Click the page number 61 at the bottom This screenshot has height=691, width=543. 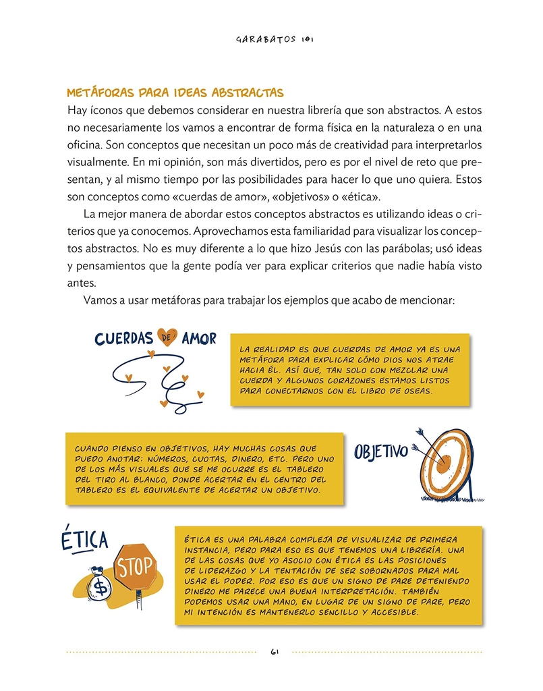(275, 652)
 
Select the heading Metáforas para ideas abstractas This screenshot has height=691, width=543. (175, 92)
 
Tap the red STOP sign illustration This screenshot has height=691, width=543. (136, 567)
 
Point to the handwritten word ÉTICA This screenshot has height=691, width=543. (84, 539)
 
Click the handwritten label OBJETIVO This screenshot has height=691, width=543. (381, 451)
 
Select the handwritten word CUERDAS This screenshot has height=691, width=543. (124, 338)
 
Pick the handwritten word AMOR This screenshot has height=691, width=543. (199, 338)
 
